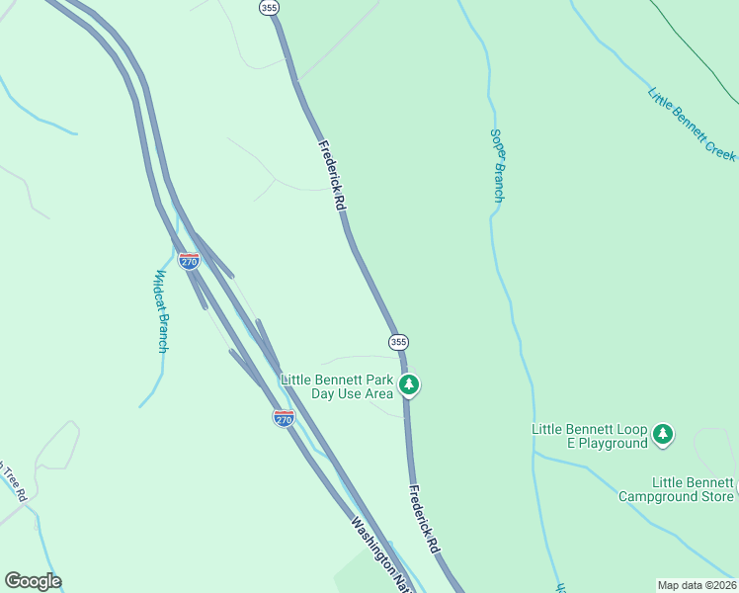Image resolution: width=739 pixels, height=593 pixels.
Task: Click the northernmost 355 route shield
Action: pos(270,7)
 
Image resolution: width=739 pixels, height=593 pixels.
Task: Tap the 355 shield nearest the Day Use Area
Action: pos(397,342)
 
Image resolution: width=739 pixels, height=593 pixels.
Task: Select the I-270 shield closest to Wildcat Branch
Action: pos(189,261)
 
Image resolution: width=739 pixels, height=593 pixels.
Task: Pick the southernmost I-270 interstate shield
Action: pos(284,418)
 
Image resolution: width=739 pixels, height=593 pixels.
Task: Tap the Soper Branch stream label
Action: pos(498,165)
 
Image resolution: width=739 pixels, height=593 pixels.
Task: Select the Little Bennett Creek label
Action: pos(692,124)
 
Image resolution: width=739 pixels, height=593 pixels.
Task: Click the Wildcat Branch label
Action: pos(162,311)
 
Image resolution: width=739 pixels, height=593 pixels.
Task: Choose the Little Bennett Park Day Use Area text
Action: pos(337,386)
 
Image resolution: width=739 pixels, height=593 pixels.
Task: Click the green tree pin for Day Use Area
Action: pos(408,384)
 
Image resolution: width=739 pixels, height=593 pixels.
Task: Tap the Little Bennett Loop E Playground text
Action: pos(589,436)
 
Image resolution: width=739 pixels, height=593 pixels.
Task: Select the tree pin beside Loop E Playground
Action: pos(663,434)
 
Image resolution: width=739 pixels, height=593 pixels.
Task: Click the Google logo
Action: pos(33,581)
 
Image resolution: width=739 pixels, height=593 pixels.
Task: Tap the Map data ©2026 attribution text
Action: pos(697,585)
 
